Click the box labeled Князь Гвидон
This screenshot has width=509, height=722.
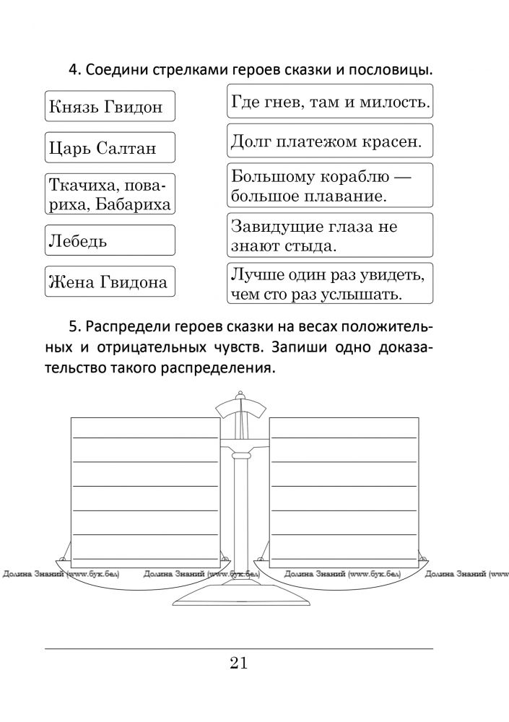(110, 106)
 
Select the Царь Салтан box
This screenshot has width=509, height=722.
(110, 148)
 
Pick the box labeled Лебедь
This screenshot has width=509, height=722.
(110, 240)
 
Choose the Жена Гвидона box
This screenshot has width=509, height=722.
(110, 282)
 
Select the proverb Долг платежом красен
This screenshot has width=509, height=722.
(330, 141)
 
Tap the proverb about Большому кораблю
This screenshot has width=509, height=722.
(330, 185)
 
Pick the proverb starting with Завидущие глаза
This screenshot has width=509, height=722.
(330, 235)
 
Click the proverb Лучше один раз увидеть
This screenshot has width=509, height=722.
(330, 284)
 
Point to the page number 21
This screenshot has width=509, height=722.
(239, 664)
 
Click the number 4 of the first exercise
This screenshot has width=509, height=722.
(73, 71)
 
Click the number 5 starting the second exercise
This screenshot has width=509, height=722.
(73, 328)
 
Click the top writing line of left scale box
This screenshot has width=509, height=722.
(144, 438)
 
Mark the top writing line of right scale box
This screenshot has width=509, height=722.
(344, 438)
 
